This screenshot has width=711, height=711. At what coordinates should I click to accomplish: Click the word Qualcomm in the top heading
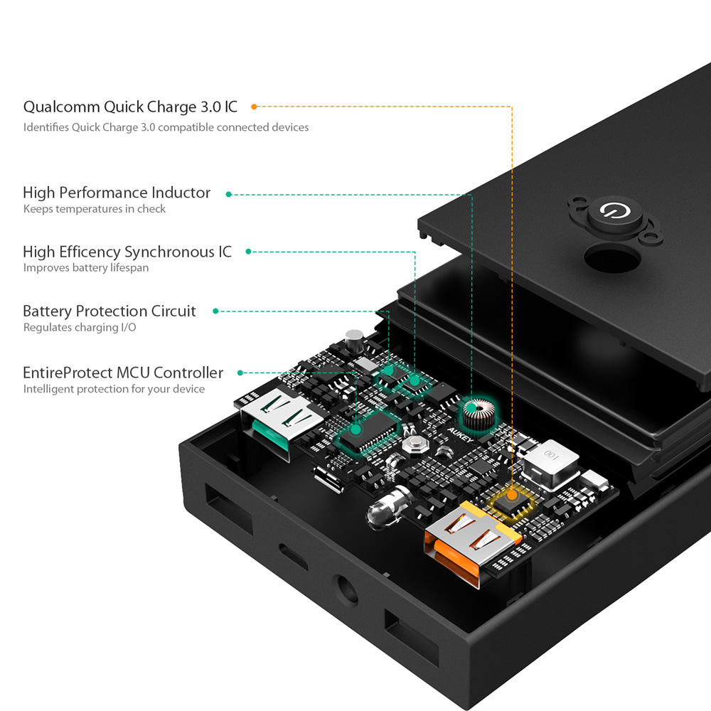tap(62, 107)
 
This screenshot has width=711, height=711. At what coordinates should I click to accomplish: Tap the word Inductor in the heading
tap(181, 193)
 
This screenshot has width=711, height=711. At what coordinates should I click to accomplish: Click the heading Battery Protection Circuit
tap(109, 311)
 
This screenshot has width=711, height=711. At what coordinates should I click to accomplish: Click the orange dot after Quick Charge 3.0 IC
tap(254, 107)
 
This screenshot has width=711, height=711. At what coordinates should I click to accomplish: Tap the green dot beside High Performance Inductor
tap(228, 193)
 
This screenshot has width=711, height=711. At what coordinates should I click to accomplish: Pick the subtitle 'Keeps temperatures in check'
tap(95, 209)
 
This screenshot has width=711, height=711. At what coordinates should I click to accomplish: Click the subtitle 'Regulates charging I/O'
tap(80, 328)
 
